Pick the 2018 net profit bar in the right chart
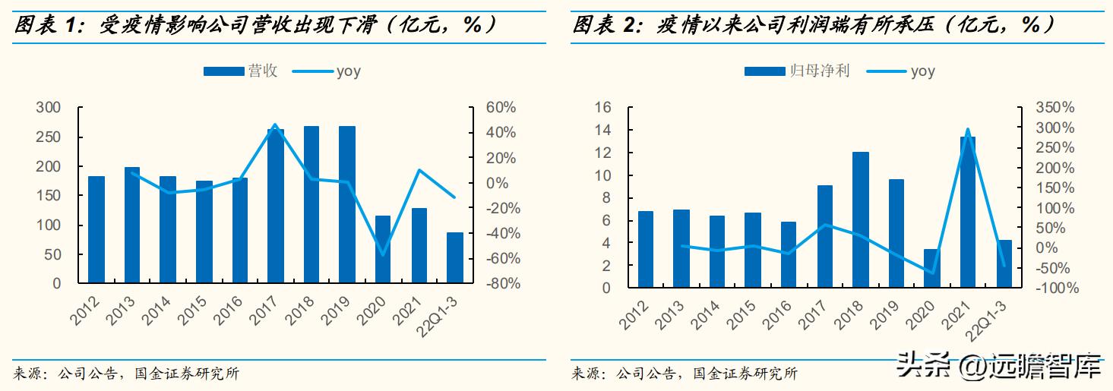coord(860,220)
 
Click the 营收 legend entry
coord(241,71)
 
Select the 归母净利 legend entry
coord(797,71)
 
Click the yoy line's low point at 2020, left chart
coord(383,254)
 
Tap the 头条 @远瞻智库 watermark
coord(999,369)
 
